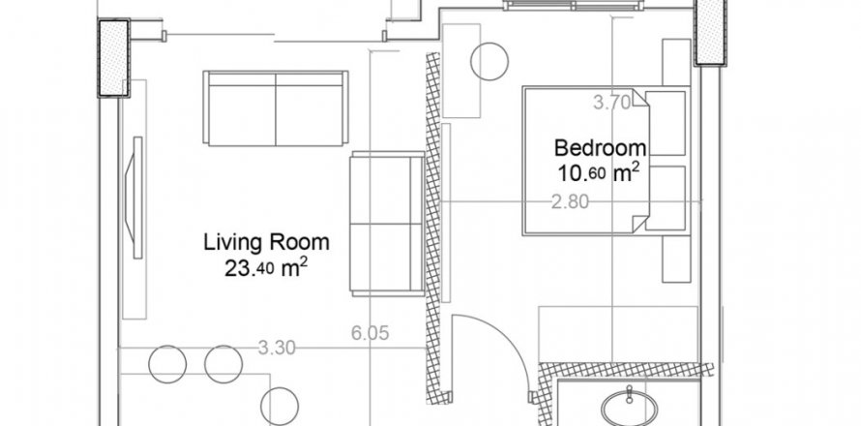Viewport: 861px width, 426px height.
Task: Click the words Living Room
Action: pos(266,242)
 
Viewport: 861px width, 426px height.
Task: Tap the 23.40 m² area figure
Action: pos(266,268)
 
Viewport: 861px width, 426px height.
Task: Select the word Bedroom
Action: pos(600,148)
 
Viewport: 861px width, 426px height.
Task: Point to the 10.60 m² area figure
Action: pos(599,173)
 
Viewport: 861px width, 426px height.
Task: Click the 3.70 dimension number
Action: pos(612,103)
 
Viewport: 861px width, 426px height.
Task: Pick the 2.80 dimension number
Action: pos(570,202)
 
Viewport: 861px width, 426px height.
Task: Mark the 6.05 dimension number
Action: pos(371,333)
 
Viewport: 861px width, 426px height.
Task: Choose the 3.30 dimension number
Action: pos(277,348)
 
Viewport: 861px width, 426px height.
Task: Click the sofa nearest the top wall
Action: pos(276,108)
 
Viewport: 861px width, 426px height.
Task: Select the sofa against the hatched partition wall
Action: pos(387,224)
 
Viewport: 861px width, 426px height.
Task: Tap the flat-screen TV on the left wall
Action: pos(134,198)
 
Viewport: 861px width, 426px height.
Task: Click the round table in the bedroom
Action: pos(490,62)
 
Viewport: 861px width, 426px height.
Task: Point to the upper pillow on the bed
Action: pos(666,123)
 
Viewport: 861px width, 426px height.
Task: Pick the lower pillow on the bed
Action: pos(666,198)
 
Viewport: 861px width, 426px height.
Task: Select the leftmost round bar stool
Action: pos(167,364)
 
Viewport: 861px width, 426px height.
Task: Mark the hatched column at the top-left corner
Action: pos(113,58)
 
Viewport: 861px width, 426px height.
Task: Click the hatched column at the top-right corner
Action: pos(710,33)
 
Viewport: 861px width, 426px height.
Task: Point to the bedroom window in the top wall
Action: pos(574,6)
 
